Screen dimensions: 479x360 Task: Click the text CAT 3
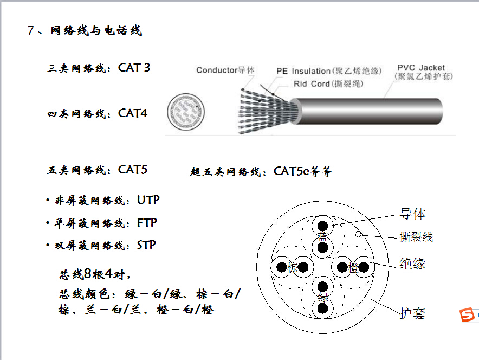pyautogui.click(x=134, y=68)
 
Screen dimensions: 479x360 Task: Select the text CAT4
pyautogui.click(x=133, y=113)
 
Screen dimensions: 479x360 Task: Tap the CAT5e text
pyautogui.click(x=291, y=171)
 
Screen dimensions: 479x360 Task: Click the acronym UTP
pyautogui.click(x=148, y=200)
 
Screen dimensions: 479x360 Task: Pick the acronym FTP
pyautogui.click(x=147, y=223)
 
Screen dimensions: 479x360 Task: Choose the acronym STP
pyautogui.click(x=146, y=245)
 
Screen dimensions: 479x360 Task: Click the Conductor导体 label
pyautogui.click(x=225, y=70)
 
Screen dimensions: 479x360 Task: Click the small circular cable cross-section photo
pyautogui.click(x=186, y=112)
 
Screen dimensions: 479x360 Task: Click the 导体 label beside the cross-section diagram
pyautogui.click(x=413, y=214)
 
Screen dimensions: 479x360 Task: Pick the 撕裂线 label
pyautogui.click(x=416, y=237)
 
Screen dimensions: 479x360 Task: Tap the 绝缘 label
pyautogui.click(x=412, y=263)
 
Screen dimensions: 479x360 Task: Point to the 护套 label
pyautogui.click(x=413, y=313)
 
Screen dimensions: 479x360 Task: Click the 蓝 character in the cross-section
pyautogui.click(x=322, y=237)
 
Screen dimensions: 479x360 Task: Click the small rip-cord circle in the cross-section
pyautogui.click(x=358, y=234)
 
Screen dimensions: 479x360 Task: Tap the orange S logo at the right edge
pyautogui.click(x=467, y=315)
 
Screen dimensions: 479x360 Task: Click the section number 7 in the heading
pyautogui.click(x=30, y=30)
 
